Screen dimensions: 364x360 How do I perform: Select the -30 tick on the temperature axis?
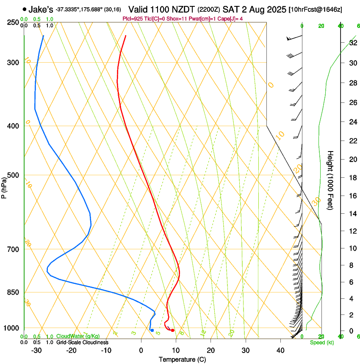coord(36,350)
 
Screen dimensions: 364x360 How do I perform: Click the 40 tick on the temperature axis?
coord(280,350)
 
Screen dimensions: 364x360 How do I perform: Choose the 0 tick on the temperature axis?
coord(141,350)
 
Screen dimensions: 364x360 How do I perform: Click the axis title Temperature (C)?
coord(182,359)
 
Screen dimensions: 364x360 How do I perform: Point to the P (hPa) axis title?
coord(4,186)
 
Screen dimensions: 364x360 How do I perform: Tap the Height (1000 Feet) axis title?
coord(330,180)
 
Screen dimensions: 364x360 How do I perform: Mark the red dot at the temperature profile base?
coord(172,330)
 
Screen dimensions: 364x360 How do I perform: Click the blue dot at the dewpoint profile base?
coord(152,330)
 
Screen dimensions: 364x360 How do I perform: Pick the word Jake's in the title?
coord(41,9)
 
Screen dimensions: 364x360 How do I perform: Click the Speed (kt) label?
coord(321,342)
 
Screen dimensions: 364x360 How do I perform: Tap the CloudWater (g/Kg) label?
coord(78,336)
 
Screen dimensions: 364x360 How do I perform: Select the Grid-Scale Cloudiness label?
coord(82,342)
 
